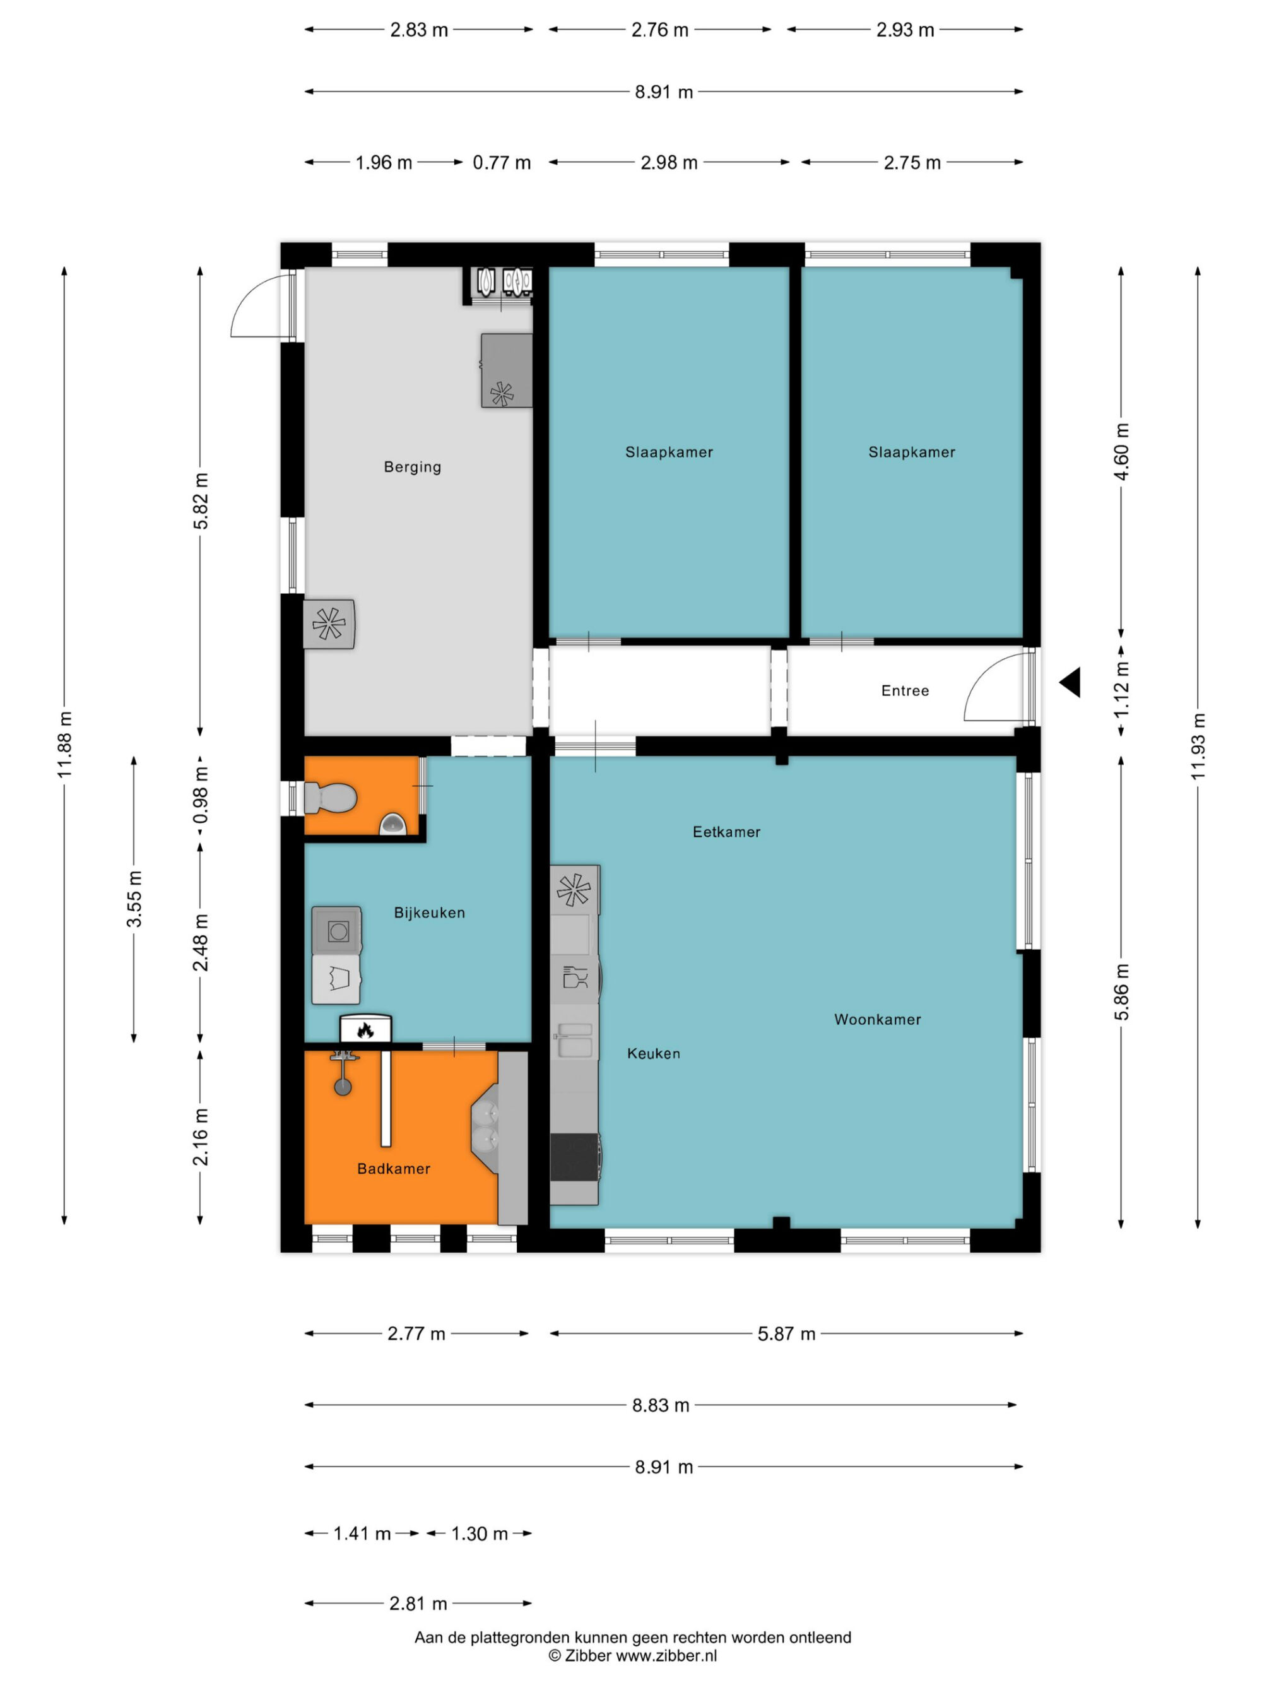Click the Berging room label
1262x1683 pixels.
click(412, 466)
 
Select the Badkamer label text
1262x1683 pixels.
click(393, 1168)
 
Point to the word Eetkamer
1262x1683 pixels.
click(726, 832)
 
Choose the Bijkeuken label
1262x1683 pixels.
click(429, 912)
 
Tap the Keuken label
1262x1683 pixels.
click(654, 1053)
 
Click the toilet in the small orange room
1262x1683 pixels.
click(331, 798)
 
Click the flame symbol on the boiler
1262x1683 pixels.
click(365, 1030)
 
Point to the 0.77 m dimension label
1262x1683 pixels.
click(501, 162)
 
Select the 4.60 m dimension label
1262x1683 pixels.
click(1121, 451)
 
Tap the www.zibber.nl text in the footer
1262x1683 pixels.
click(666, 1656)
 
